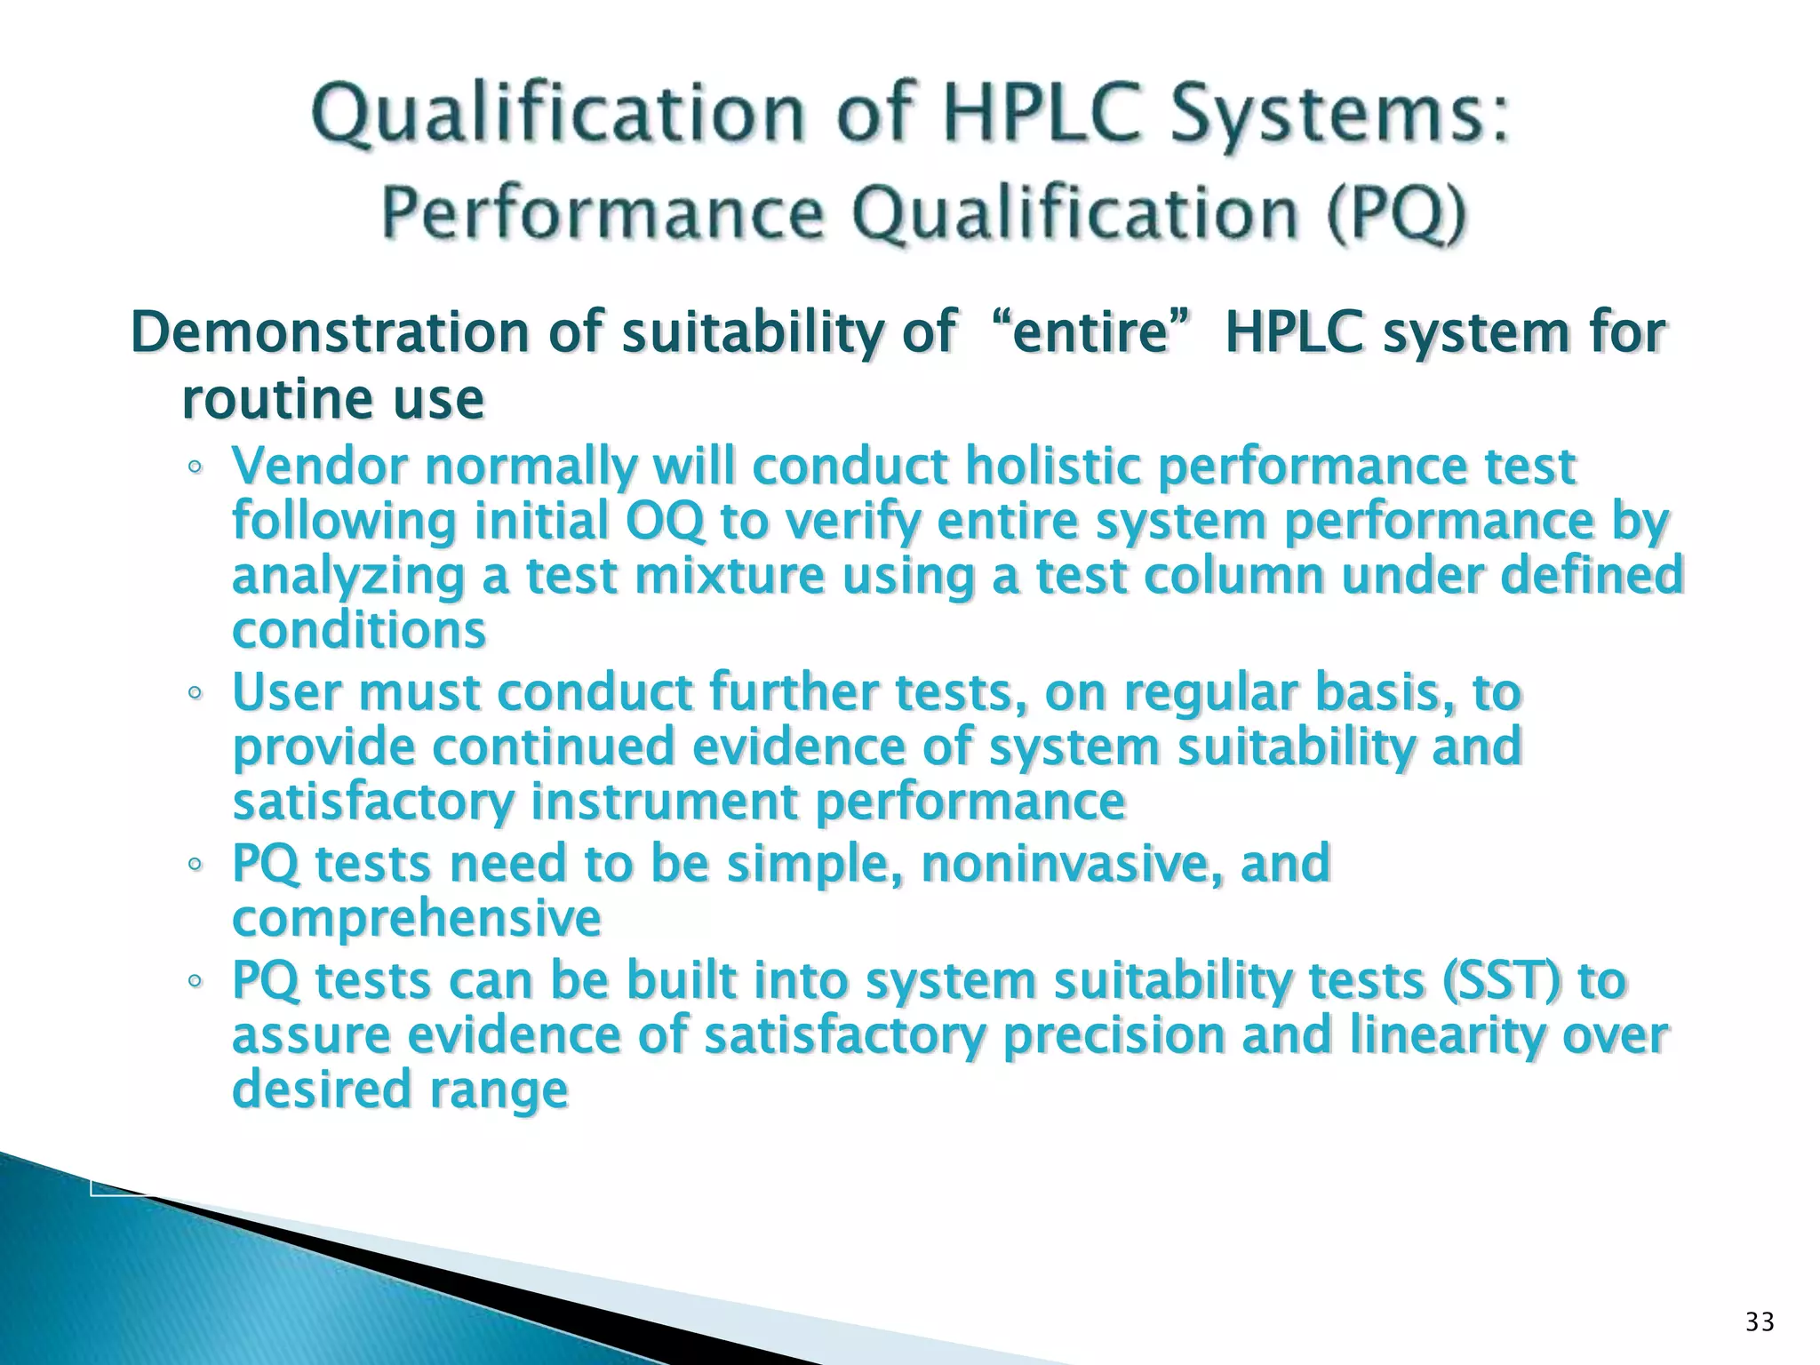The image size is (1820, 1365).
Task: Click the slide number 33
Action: (x=1760, y=1322)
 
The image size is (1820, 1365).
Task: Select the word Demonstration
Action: (x=330, y=332)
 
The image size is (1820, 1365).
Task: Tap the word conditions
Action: (x=359, y=631)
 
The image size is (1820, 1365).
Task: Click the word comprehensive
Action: (x=416, y=918)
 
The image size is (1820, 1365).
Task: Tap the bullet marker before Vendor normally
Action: (x=195, y=469)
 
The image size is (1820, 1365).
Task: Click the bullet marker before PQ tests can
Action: (x=195, y=983)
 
